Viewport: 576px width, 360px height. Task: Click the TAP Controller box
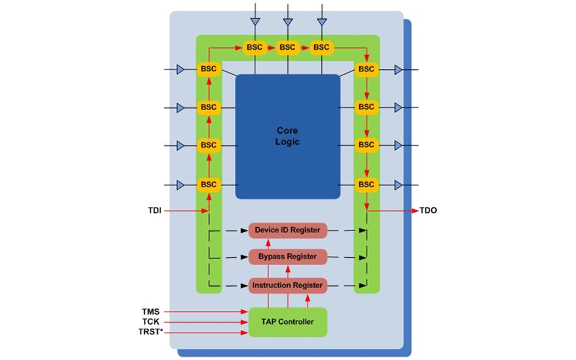click(287, 321)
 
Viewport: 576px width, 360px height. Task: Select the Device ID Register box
click(287, 230)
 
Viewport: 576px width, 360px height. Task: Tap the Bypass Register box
click(287, 256)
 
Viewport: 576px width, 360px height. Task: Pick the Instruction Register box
click(287, 285)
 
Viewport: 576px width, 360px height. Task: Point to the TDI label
click(154, 211)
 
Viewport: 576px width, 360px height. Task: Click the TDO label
click(429, 211)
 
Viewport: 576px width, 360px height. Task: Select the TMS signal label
click(151, 312)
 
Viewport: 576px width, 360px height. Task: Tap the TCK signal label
click(151, 322)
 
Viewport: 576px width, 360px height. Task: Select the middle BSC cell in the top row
click(287, 48)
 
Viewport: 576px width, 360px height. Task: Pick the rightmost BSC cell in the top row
click(321, 48)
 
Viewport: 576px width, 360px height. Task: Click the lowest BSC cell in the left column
click(208, 185)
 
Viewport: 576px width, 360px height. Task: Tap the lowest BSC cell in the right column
click(366, 185)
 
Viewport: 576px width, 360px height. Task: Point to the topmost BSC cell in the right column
click(366, 69)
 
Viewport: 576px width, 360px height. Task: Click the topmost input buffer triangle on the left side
click(181, 69)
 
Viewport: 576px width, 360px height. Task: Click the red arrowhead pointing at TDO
click(414, 211)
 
